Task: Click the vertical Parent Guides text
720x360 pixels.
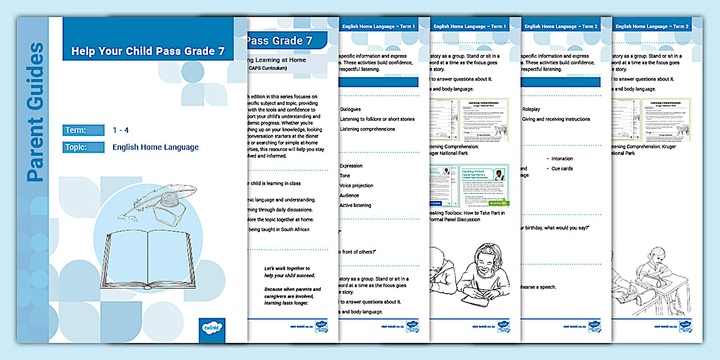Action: tap(35, 112)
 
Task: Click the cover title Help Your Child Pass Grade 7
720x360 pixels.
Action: tap(147, 51)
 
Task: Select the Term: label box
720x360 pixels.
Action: tap(83, 130)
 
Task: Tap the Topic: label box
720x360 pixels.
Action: tap(83, 147)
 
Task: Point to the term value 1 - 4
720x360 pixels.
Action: tap(121, 130)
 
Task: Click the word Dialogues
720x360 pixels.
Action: tap(351, 109)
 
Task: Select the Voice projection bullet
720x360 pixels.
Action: tap(357, 186)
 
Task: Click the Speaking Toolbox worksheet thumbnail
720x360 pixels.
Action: tap(468, 185)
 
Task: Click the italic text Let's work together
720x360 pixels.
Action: tap(286, 268)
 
